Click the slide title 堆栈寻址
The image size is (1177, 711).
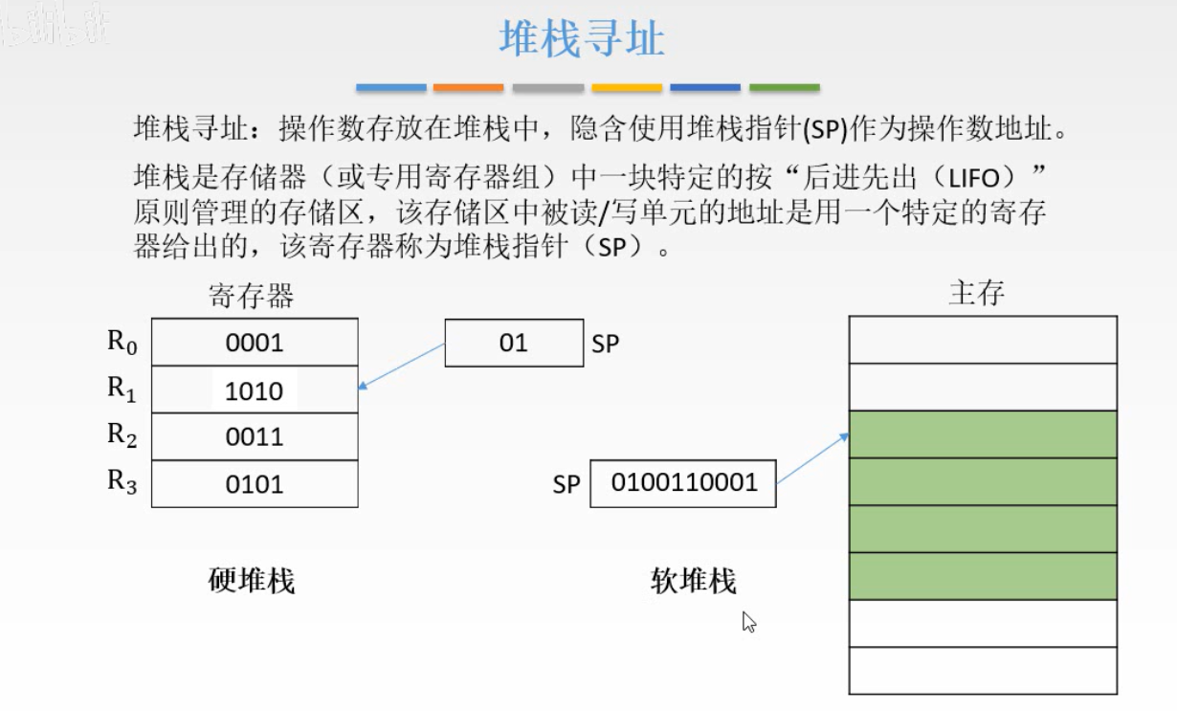pyautogui.click(x=582, y=39)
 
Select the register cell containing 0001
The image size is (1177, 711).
pyautogui.click(x=255, y=343)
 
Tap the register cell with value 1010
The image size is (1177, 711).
pyautogui.click(x=255, y=390)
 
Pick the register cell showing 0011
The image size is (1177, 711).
pyautogui.click(x=255, y=437)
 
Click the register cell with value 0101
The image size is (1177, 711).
pyautogui.click(x=255, y=484)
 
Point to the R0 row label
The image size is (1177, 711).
pyautogui.click(x=122, y=342)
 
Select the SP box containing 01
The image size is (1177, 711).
pyautogui.click(x=514, y=343)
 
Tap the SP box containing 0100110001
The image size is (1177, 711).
pyautogui.click(x=683, y=482)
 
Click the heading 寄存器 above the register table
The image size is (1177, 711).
pyautogui.click(x=251, y=296)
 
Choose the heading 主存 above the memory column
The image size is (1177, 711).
pyautogui.click(x=977, y=292)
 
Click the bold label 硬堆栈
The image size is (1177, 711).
pyautogui.click(x=252, y=580)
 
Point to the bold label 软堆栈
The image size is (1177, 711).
pyautogui.click(x=694, y=581)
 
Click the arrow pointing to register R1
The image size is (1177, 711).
pyautogui.click(x=402, y=366)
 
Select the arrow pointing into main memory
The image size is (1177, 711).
pyautogui.click(x=812, y=457)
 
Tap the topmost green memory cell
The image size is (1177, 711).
pyautogui.click(x=983, y=434)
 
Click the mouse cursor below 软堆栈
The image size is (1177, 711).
pyautogui.click(x=749, y=623)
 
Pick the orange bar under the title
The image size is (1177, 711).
pyautogui.click(x=468, y=87)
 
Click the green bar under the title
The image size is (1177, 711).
pyautogui.click(x=784, y=87)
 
